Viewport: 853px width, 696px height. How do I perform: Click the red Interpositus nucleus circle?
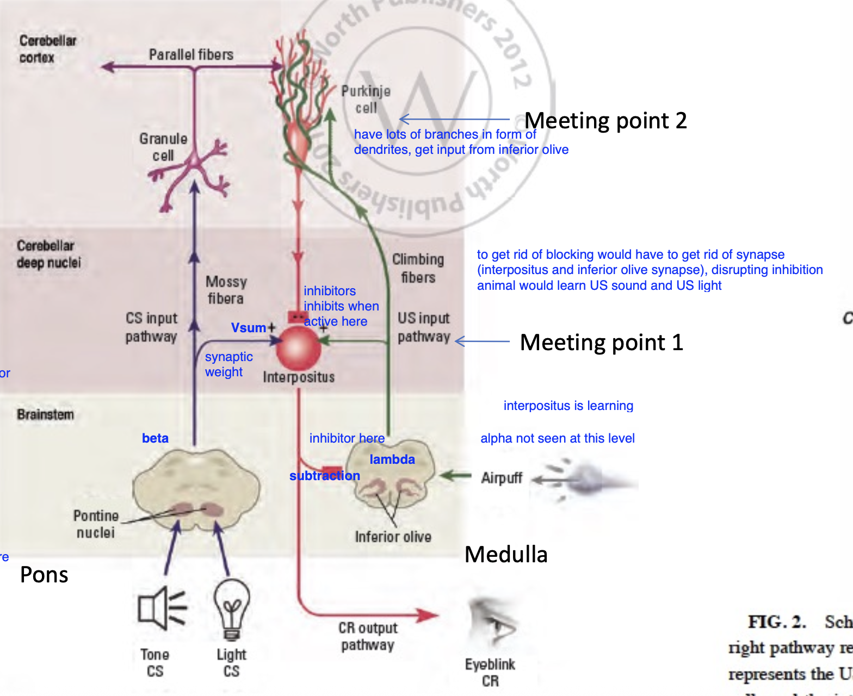click(x=298, y=349)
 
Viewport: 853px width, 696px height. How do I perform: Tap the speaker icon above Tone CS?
click(x=162, y=608)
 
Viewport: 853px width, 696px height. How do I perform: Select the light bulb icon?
click(x=232, y=608)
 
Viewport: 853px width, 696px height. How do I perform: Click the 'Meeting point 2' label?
click(x=605, y=120)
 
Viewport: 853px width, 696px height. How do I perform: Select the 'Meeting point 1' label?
click(x=601, y=342)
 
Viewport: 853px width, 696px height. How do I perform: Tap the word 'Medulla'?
click(x=506, y=554)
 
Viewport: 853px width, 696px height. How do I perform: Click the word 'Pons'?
click(x=44, y=575)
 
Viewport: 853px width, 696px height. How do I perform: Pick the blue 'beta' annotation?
click(x=155, y=438)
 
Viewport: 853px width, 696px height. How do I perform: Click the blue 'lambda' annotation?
click(x=392, y=459)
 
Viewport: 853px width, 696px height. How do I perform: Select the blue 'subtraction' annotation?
click(x=324, y=476)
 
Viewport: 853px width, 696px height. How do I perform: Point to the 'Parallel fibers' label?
click(x=191, y=54)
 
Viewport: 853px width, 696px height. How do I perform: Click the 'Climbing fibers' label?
click(x=418, y=269)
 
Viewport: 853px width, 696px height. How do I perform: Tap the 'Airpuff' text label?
click(x=501, y=478)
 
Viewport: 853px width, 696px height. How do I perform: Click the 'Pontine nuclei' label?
click(x=96, y=524)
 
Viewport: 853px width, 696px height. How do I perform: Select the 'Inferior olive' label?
click(x=393, y=537)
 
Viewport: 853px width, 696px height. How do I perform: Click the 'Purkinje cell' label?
click(x=366, y=100)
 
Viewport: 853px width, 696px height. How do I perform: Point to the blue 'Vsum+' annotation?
click(x=253, y=328)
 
